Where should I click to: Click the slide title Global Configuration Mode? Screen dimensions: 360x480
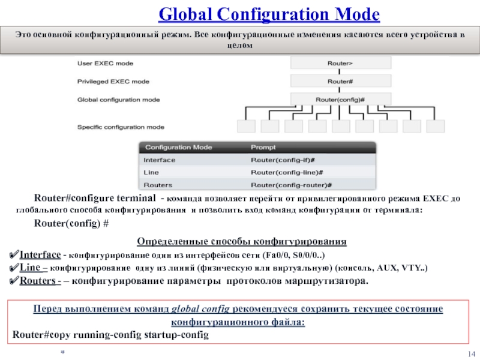coord(269,14)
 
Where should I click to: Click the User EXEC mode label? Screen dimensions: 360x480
coord(106,62)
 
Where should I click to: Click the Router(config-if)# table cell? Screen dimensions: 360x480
coord(283,160)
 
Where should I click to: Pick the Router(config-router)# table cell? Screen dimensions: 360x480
coord(291,185)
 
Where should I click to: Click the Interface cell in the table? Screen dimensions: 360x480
coord(160,160)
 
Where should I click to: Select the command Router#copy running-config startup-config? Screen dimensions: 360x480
coord(110,335)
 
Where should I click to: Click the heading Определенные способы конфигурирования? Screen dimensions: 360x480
coord(242,242)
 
